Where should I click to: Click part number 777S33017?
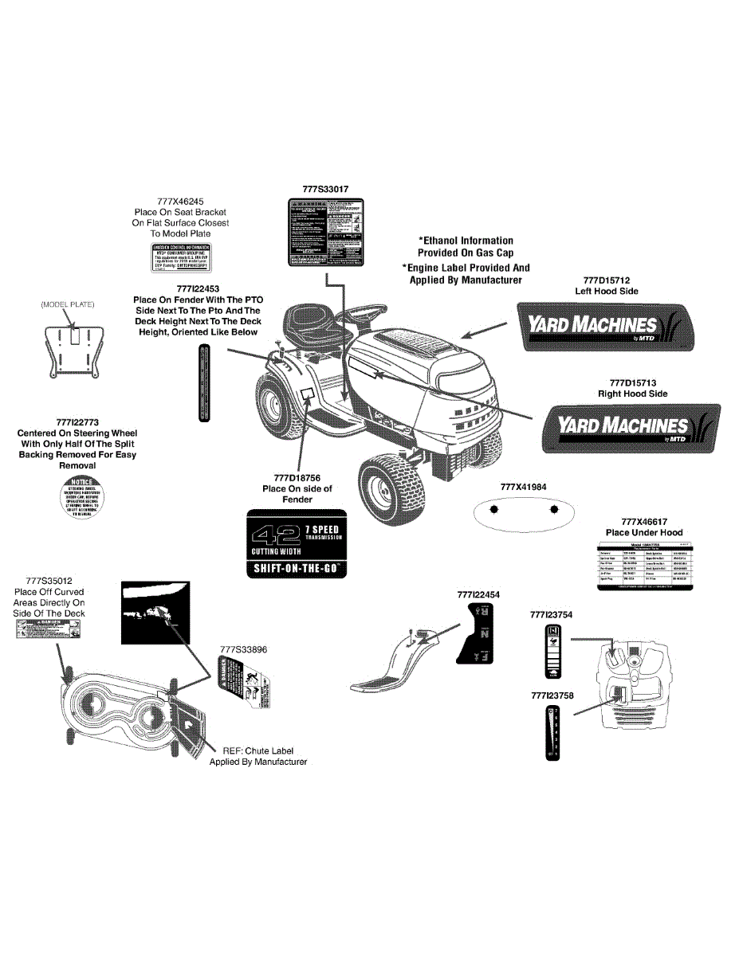(x=326, y=190)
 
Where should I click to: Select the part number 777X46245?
(x=179, y=202)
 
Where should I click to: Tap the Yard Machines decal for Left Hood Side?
(x=605, y=325)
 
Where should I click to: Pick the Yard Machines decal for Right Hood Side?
(x=630, y=428)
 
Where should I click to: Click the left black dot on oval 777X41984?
(x=493, y=509)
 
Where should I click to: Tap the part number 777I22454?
(x=479, y=594)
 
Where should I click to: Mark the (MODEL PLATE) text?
(x=69, y=304)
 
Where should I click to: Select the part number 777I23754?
(x=551, y=614)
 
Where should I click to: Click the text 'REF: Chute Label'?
(x=258, y=750)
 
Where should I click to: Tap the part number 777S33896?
(x=243, y=649)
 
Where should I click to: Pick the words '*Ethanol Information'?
(x=466, y=240)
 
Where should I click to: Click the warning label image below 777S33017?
(x=326, y=233)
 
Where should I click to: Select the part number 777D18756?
(x=297, y=477)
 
